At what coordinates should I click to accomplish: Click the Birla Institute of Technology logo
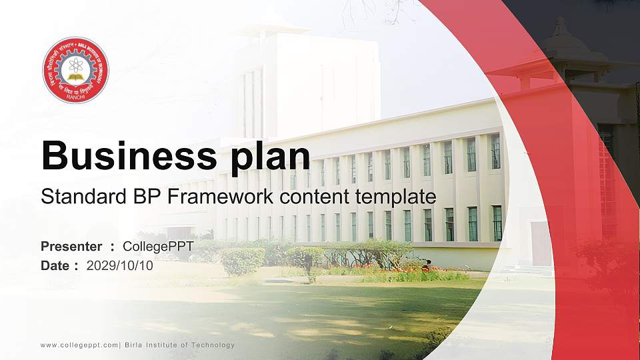pos(75,69)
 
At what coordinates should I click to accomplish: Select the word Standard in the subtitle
pos(73,197)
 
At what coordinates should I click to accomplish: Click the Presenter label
pos(71,247)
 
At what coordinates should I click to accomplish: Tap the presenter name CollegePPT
pos(158,247)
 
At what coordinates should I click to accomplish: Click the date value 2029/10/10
pos(119,265)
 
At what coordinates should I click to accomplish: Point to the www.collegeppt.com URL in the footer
pos(79,345)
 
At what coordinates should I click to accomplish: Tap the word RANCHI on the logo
pos(75,97)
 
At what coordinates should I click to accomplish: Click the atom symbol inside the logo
pos(75,65)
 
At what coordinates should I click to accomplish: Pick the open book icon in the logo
pos(75,78)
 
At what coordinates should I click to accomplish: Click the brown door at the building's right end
pos(541,244)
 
